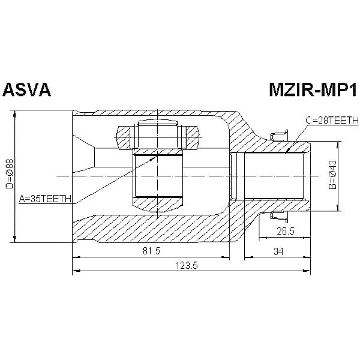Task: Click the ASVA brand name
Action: pos(28,90)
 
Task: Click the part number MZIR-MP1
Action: pos(311,90)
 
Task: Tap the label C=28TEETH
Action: pos(331,121)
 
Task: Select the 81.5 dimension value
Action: pos(151,251)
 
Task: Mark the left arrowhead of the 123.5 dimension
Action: pos(74,272)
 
